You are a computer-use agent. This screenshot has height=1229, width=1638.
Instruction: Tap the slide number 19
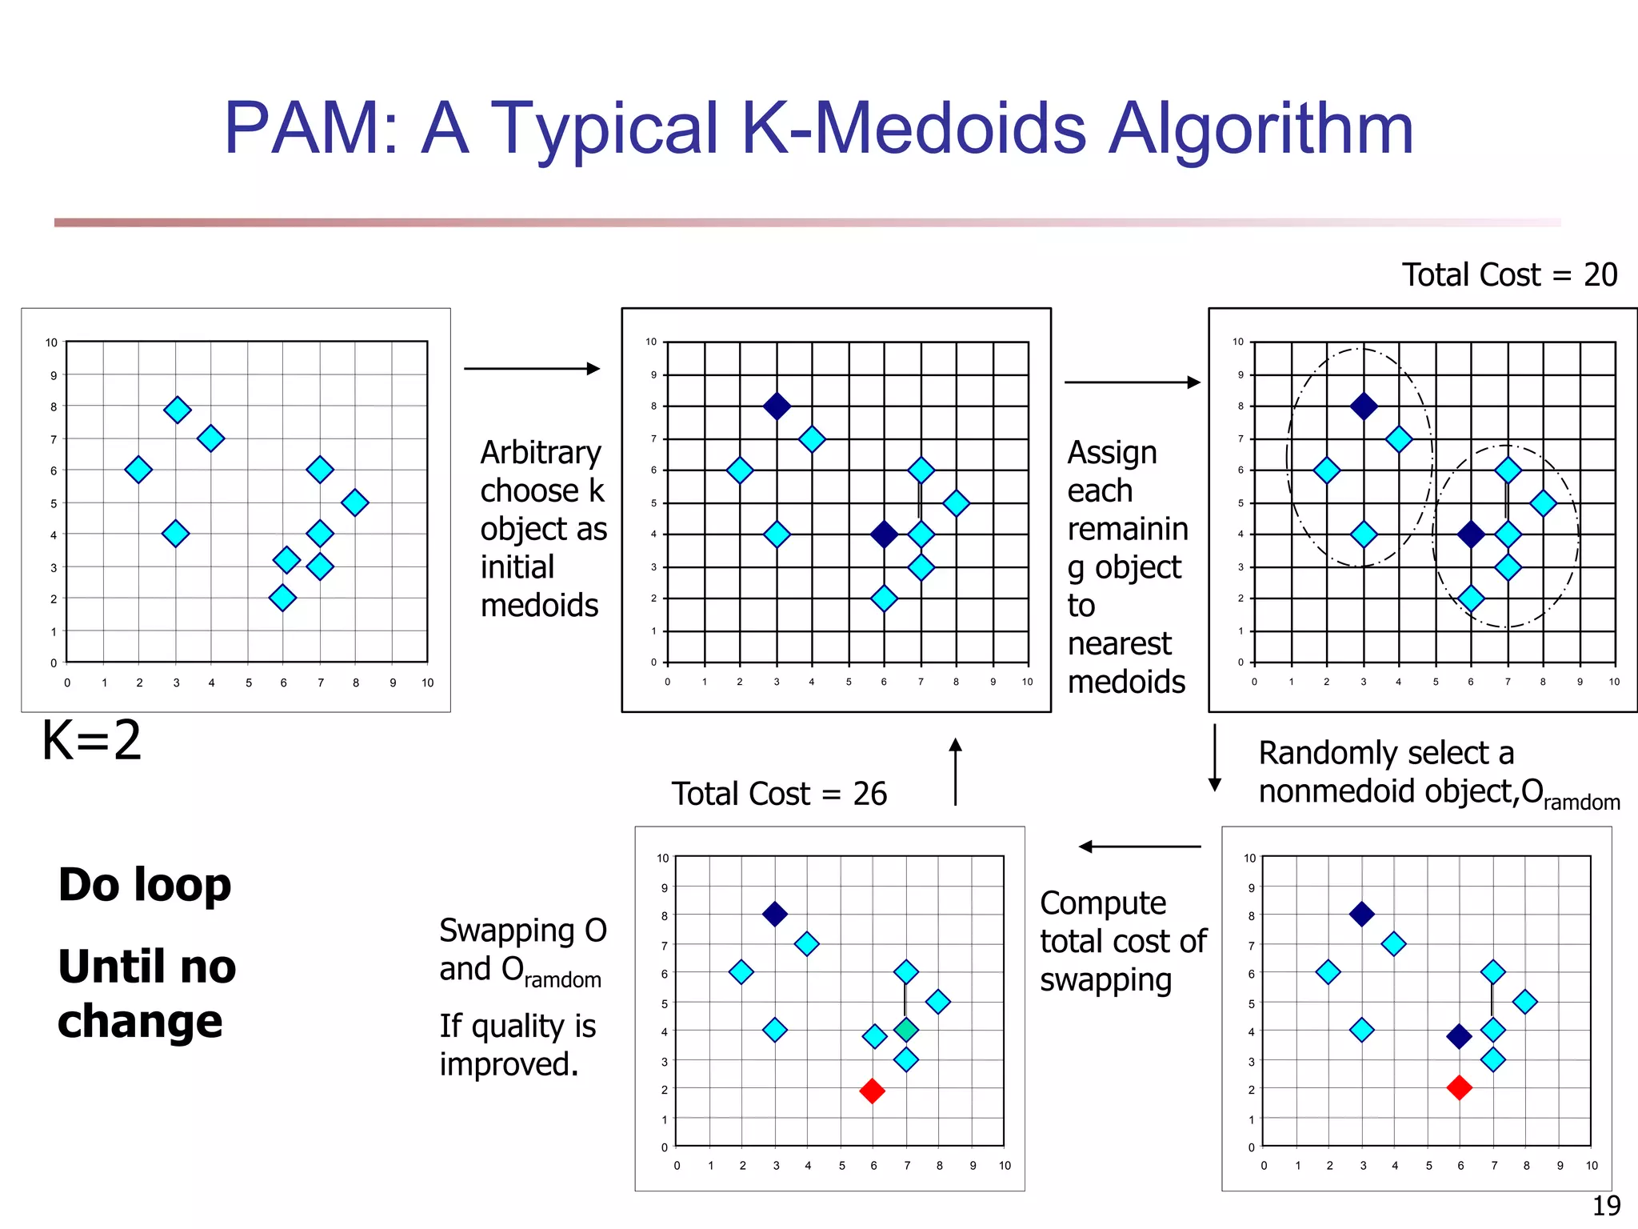click(x=1606, y=1205)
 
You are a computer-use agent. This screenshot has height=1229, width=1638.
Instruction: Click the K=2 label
click(x=92, y=740)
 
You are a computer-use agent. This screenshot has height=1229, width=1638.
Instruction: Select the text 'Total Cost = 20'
click(x=1509, y=275)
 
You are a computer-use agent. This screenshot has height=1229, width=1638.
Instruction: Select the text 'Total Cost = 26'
click(x=779, y=794)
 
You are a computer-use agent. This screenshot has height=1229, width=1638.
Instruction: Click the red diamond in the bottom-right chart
click(x=1459, y=1087)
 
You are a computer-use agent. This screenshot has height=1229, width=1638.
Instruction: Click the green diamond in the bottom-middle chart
click(x=905, y=1030)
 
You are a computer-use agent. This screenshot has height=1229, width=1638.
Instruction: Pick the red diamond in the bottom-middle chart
click(x=872, y=1091)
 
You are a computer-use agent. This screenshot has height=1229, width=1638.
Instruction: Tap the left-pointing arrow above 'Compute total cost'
click(x=1139, y=847)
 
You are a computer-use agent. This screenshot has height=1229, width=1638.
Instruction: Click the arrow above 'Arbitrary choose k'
click(x=532, y=369)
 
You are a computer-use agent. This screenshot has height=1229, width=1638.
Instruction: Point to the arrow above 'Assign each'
click(x=1133, y=382)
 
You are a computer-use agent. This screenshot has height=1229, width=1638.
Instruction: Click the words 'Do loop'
click(x=145, y=885)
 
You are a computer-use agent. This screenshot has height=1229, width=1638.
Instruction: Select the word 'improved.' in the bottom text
click(x=509, y=1064)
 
